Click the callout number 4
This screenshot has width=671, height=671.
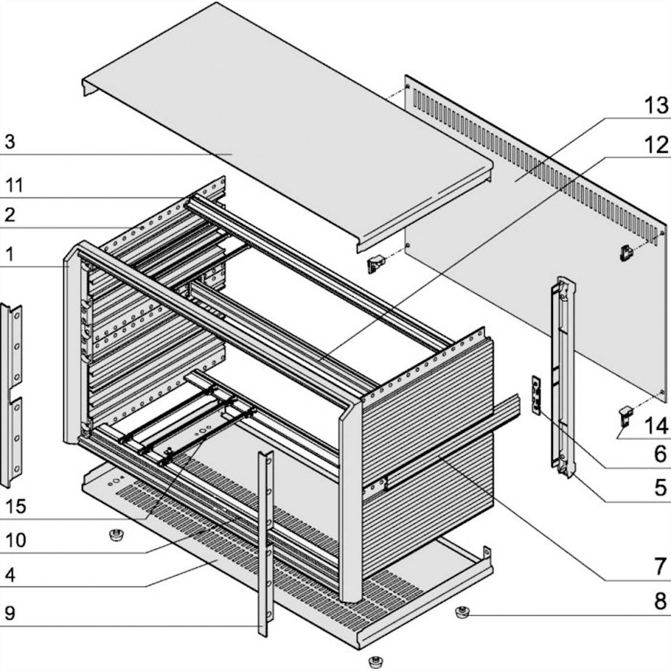point(10,575)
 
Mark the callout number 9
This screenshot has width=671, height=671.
point(10,613)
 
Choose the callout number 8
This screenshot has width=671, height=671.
point(660,602)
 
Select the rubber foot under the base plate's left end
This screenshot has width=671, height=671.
point(116,535)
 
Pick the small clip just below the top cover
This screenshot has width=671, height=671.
point(375,264)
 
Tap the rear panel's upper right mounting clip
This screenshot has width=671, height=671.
point(626,253)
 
